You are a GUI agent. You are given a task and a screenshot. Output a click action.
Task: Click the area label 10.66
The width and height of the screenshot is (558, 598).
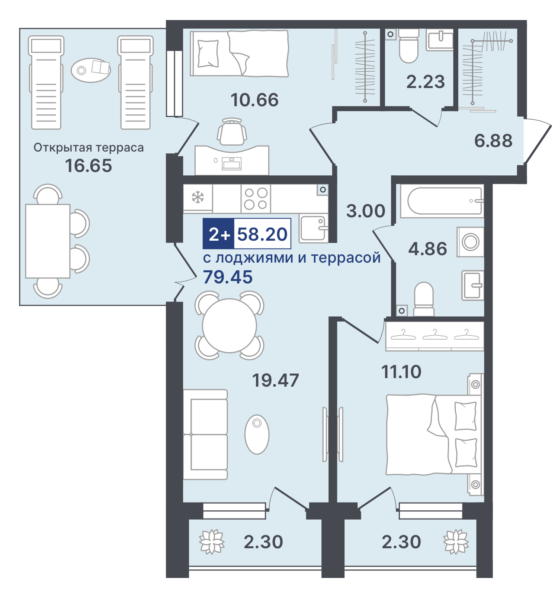(254, 100)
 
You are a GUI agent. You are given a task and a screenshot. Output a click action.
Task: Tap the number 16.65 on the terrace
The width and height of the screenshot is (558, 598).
(88, 166)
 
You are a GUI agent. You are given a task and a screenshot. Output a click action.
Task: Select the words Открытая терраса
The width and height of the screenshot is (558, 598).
(89, 147)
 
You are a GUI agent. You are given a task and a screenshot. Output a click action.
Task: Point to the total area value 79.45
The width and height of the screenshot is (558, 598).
(228, 277)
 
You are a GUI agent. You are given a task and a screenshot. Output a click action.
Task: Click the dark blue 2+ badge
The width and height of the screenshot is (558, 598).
(218, 234)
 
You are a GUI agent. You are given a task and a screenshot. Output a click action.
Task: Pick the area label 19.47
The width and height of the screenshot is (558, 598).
(275, 380)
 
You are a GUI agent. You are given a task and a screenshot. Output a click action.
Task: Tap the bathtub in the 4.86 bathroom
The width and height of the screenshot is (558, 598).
(442, 201)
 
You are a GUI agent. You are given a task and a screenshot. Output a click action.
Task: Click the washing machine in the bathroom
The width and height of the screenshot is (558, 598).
(471, 242)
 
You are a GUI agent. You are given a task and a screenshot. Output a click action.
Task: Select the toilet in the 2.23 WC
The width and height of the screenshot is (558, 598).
(408, 46)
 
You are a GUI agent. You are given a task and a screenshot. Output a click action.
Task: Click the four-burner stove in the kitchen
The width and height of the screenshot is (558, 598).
(256, 199)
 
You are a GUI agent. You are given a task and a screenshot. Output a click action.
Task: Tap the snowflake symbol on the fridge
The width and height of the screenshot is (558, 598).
(198, 197)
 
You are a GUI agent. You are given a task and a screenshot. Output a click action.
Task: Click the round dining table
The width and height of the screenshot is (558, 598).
(230, 326)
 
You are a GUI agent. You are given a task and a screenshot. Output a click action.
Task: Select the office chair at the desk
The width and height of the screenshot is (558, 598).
(232, 132)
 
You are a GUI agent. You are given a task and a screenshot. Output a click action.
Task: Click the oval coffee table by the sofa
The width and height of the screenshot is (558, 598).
(257, 434)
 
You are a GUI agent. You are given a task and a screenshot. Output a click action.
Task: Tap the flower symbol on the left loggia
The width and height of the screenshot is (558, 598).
(212, 542)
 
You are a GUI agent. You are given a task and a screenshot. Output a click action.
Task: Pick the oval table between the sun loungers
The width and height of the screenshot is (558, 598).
(91, 70)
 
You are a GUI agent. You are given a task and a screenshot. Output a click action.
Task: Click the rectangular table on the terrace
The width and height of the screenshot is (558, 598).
(48, 241)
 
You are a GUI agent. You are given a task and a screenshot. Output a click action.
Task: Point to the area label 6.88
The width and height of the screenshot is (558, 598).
(493, 141)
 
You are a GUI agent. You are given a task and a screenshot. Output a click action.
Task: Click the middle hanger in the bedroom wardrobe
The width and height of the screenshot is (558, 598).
(435, 335)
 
